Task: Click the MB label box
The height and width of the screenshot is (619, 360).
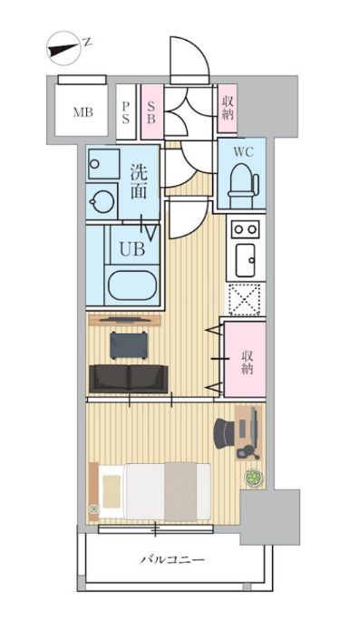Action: point(83,112)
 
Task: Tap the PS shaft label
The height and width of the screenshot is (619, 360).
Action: point(126,112)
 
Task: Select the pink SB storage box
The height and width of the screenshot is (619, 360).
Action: point(151,112)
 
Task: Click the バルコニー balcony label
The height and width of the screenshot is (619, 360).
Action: point(171,560)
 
